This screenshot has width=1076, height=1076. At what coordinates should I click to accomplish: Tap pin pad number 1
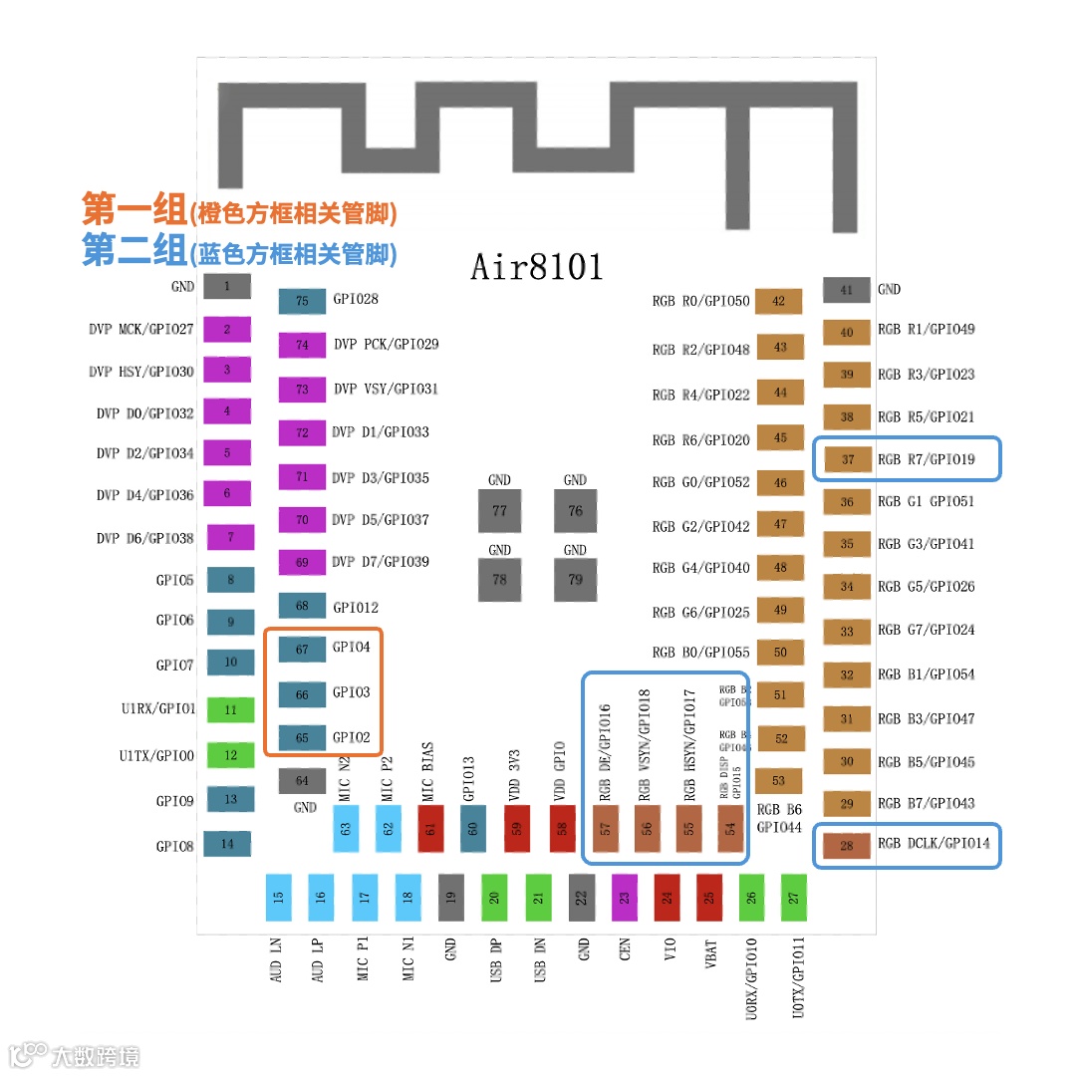click(227, 287)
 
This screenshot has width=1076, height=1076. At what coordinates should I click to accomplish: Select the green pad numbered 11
click(230, 710)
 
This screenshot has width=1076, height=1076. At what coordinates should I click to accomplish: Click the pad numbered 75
click(302, 301)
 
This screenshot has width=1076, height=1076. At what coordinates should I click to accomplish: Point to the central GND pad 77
click(499, 511)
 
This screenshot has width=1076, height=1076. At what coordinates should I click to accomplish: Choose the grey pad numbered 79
click(575, 580)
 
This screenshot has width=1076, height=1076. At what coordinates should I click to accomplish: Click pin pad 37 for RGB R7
click(847, 459)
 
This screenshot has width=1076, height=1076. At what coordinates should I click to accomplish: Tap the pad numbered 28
click(847, 846)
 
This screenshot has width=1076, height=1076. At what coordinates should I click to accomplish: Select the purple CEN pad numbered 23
click(624, 897)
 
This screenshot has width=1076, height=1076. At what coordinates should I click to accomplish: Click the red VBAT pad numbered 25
click(709, 897)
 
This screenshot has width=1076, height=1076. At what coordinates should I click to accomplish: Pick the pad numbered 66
click(302, 694)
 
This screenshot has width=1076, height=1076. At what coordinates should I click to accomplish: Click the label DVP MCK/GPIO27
click(140, 329)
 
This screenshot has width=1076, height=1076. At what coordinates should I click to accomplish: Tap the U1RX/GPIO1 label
click(157, 710)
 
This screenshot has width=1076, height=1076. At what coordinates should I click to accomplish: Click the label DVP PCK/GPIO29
click(387, 345)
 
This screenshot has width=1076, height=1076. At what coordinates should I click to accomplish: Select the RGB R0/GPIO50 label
click(700, 301)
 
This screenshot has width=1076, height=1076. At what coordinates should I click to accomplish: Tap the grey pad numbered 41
click(846, 290)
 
